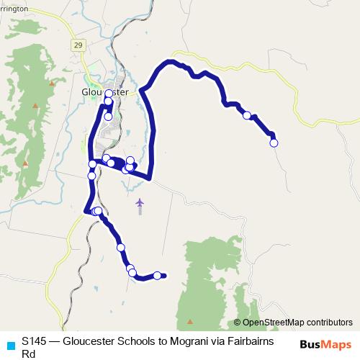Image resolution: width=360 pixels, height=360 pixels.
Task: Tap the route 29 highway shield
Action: [77, 45]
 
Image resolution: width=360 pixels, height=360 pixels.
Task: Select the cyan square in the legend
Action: [9, 343]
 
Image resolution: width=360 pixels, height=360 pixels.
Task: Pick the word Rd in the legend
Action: [29, 354]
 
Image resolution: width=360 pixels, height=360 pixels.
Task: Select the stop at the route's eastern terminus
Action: [274, 143]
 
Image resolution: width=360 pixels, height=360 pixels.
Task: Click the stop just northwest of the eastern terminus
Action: [247, 115]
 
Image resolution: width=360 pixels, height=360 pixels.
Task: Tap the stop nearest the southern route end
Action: [157, 275]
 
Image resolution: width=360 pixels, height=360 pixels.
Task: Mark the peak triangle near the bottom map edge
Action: [190, 321]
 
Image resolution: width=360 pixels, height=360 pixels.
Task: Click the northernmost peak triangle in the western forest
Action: [51, 83]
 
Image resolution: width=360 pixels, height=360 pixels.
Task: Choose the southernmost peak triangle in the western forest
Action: [25, 164]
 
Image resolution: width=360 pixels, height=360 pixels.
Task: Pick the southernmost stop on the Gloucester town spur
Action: [108, 117]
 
